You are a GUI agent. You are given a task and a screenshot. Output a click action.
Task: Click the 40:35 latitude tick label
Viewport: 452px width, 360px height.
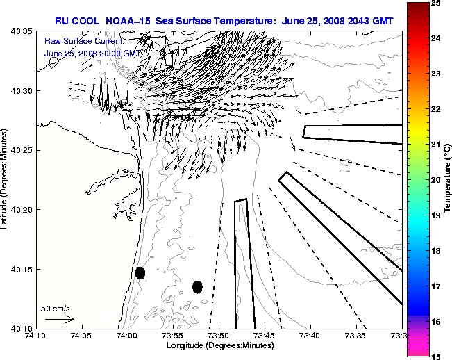[x=22, y=32]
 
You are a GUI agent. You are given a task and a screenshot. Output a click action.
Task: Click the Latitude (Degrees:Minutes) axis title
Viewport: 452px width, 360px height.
[x=6, y=180]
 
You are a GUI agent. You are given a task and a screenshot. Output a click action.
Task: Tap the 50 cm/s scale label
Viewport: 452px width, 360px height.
[x=56, y=308]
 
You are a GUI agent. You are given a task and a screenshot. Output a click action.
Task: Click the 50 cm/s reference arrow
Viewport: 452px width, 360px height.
[x=60, y=319]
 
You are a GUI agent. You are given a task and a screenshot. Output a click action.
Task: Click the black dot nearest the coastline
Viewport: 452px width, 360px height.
[x=140, y=272]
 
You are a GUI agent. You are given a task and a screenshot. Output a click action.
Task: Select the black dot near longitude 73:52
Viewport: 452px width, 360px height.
[x=197, y=286]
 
